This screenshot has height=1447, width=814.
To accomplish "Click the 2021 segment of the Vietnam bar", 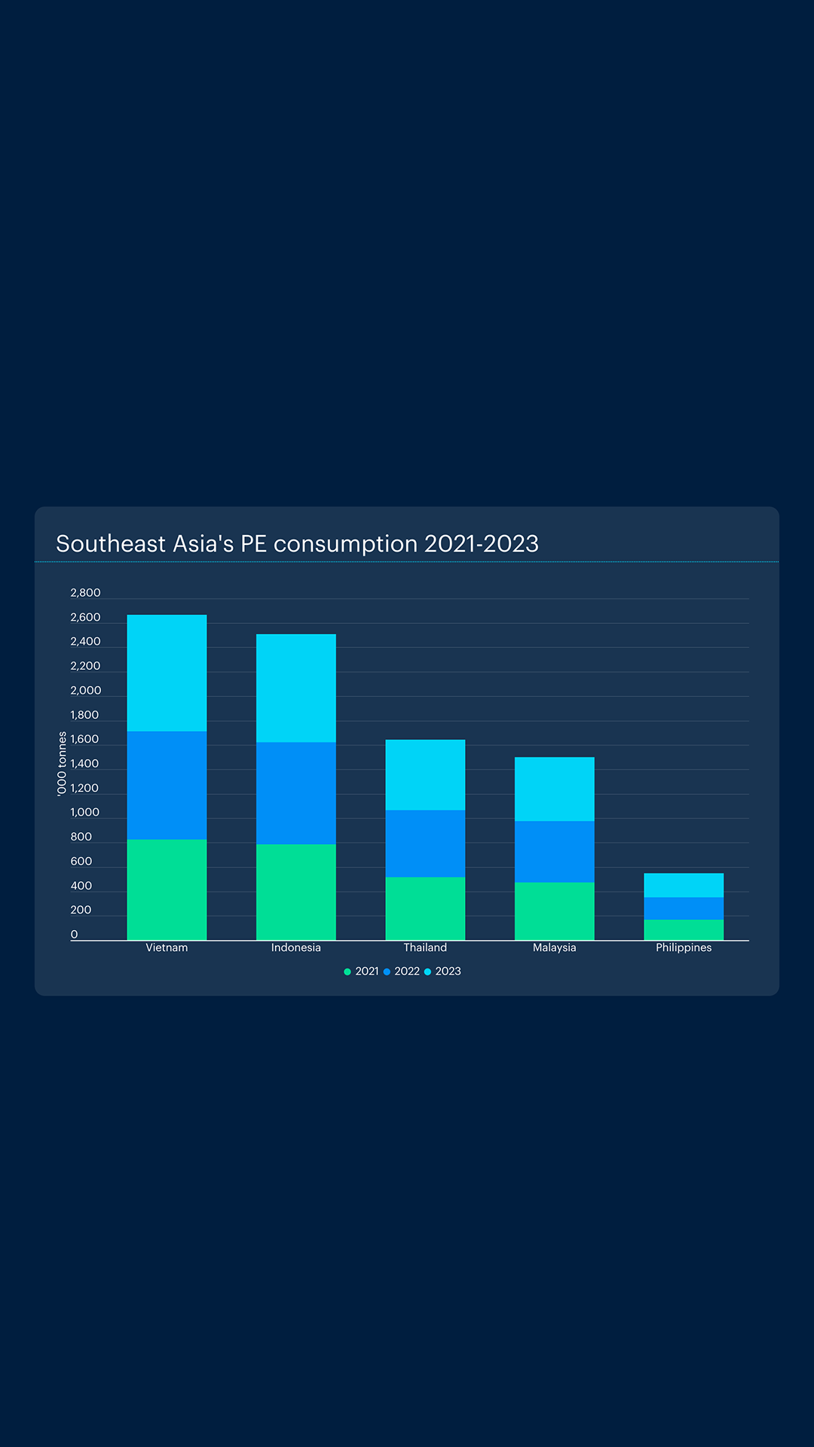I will [167, 889].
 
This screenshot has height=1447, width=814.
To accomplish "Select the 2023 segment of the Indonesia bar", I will [296, 687].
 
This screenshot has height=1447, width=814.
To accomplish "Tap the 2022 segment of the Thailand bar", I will [425, 843].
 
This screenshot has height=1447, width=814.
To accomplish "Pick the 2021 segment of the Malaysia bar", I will [555, 911].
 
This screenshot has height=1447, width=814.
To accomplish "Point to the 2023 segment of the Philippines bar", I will [684, 885].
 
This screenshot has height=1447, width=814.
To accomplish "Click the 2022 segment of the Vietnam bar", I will [167, 785].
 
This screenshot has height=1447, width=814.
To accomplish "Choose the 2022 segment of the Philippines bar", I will [684, 908].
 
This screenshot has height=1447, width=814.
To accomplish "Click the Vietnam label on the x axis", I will [167, 947].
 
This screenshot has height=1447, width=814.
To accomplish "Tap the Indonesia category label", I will [296, 947].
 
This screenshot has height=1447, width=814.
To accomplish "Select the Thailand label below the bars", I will [425, 947].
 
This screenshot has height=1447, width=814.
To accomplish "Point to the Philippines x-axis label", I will [684, 947].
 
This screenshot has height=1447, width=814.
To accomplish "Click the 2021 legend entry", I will [362, 971].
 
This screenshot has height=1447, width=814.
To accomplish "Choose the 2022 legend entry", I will [402, 971].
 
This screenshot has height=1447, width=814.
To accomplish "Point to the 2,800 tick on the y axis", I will [85, 593].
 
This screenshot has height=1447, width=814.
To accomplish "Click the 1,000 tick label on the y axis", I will [84, 812].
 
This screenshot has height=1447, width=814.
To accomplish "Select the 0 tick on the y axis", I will [74, 935].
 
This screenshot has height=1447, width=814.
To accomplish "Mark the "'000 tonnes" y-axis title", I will [62, 763].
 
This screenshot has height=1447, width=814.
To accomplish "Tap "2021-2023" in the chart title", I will [482, 544].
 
